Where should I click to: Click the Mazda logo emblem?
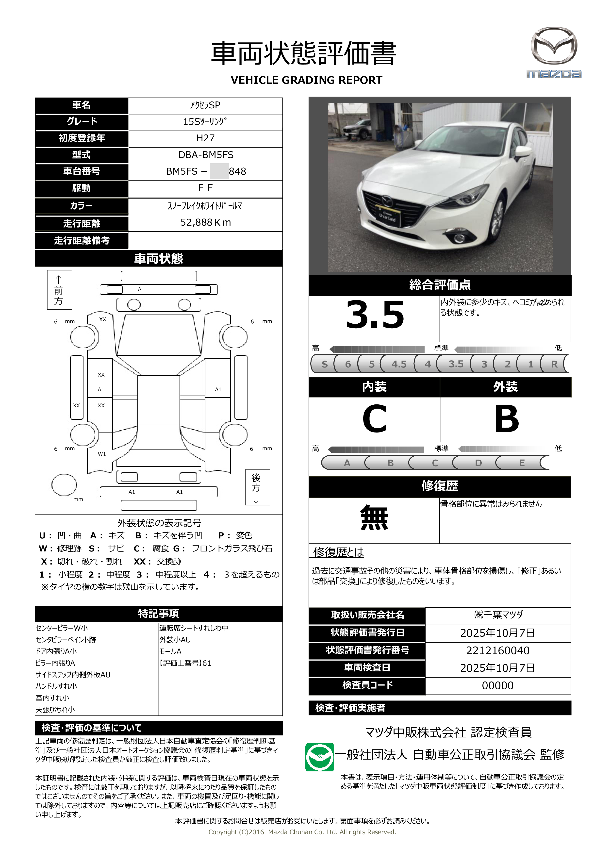pyautogui.click(x=553, y=46)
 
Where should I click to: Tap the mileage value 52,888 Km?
pyautogui.click(x=205, y=223)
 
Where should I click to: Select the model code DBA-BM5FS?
pyautogui.click(x=205, y=155)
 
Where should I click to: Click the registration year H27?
pyautogui.click(x=205, y=138)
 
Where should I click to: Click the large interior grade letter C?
pyautogui.click(x=374, y=419)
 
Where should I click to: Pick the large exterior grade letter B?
pyautogui.click(x=506, y=419)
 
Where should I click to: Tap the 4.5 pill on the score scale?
pyautogui.click(x=398, y=364)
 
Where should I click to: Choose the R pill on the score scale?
pyautogui.click(x=554, y=364)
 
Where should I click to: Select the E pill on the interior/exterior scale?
pyautogui.click(x=521, y=463)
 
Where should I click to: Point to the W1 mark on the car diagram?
pyautogui.click(x=102, y=454)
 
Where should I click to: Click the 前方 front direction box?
pyautogui.click(x=59, y=290)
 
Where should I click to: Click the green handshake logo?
pyautogui.click(x=319, y=757)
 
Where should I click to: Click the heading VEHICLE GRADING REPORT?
pyautogui.click(x=306, y=80)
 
